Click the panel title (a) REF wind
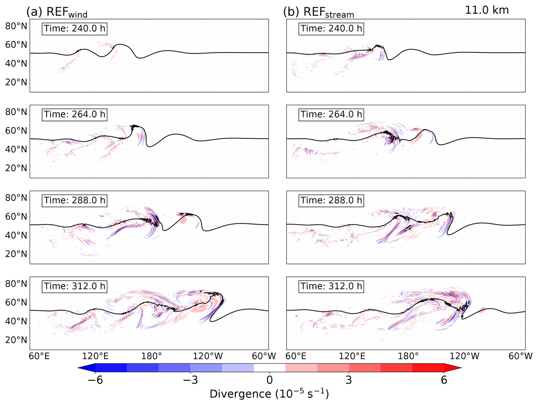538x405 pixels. pos(57,12)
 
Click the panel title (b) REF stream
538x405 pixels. pos(319,12)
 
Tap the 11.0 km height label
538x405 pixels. pos(487,10)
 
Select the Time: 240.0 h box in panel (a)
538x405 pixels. pos(75,29)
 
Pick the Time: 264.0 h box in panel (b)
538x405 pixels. pos(331,114)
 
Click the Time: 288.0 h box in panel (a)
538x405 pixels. pos(75,200)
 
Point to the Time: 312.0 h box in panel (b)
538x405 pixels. pos(331,286)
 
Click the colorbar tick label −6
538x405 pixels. pos(95,380)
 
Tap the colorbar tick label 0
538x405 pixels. pos(270,380)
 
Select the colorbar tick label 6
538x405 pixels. pos(444,380)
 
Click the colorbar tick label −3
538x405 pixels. pos(190,380)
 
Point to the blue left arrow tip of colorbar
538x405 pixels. pos(78,368)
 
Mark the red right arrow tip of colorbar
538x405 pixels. pos(462,368)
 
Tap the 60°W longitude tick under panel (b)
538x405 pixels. pos(521,356)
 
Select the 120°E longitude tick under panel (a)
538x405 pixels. pos(95,356)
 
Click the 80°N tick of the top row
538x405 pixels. pos(16,26)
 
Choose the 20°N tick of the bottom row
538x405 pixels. pos(16,340)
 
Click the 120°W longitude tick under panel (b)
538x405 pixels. pos(464,356)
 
